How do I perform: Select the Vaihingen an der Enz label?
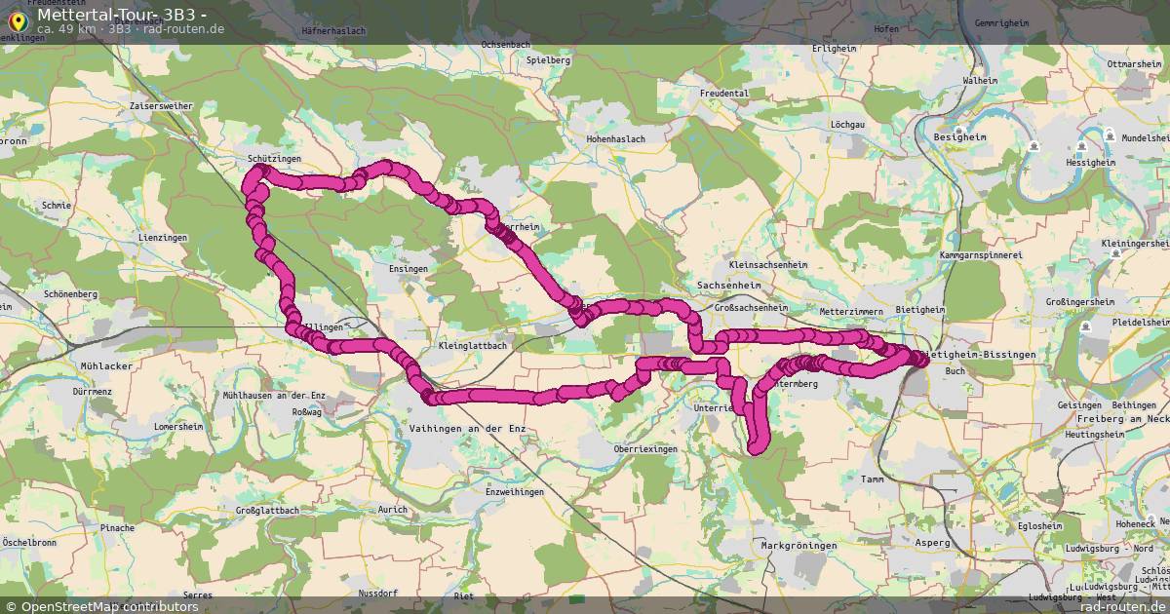(x=463, y=429)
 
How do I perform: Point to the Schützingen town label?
(x=274, y=158)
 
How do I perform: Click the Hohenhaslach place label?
(x=615, y=139)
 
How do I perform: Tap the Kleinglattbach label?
(x=473, y=346)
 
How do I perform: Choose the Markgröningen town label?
(x=799, y=546)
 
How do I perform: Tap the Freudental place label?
(x=723, y=94)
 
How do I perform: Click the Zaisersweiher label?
(x=161, y=105)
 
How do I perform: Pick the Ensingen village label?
(x=408, y=269)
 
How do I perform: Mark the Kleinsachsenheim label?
(x=767, y=265)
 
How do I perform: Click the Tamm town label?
(x=872, y=479)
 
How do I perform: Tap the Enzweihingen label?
(x=514, y=492)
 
